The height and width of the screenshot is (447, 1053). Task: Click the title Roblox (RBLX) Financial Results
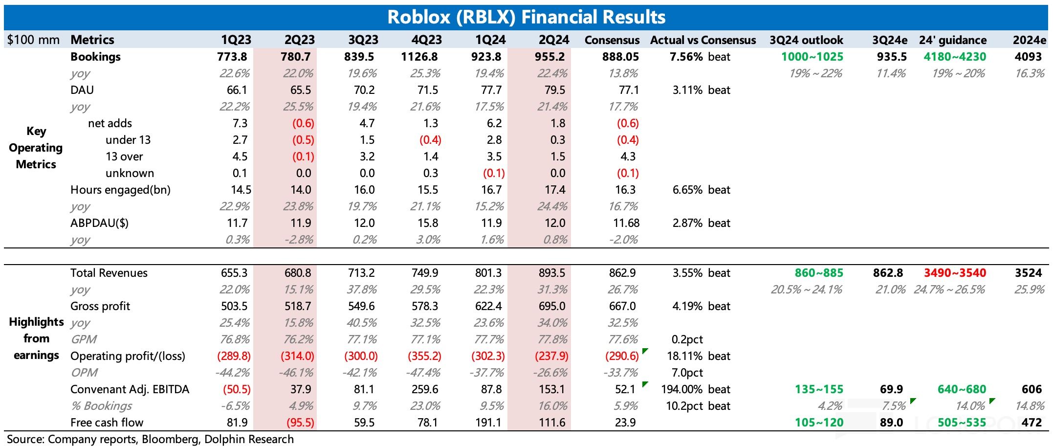click(x=526, y=17)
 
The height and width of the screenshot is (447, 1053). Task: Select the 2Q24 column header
click(x=554, y=40)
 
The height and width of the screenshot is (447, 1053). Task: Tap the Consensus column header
click(x=612, y=40)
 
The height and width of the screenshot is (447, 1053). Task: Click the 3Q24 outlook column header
click(x=806, y=40)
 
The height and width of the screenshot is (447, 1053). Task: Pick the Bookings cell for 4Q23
click(x=419, y=57)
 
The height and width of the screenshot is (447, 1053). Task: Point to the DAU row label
click(x=82, y=90)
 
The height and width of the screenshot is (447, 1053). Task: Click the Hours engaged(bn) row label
click(x=120, y=190)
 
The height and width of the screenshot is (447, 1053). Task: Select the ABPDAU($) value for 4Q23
click(x=428, y=223)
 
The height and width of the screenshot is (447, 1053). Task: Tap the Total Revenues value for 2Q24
click(x=551, y=273)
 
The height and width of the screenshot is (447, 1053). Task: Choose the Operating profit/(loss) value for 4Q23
click(x=424, y=356)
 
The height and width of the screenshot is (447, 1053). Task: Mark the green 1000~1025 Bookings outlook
click(x=812, y=57)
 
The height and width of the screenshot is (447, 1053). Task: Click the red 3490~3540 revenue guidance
click(x=955, y=273)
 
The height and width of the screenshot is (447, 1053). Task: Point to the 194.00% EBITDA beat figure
click(x=681, y=389)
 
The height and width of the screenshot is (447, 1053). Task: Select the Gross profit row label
click(x=100, y=306)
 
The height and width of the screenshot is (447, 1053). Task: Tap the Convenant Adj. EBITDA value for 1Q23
click(x=237, y=389)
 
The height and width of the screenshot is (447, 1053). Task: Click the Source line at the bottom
click(x=150, y=439)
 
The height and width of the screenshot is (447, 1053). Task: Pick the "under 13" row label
click(x=128, y=140)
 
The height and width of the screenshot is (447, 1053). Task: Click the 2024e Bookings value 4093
click(x=1028, y=57)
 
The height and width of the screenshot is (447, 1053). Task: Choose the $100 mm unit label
click(x=33, y=40)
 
